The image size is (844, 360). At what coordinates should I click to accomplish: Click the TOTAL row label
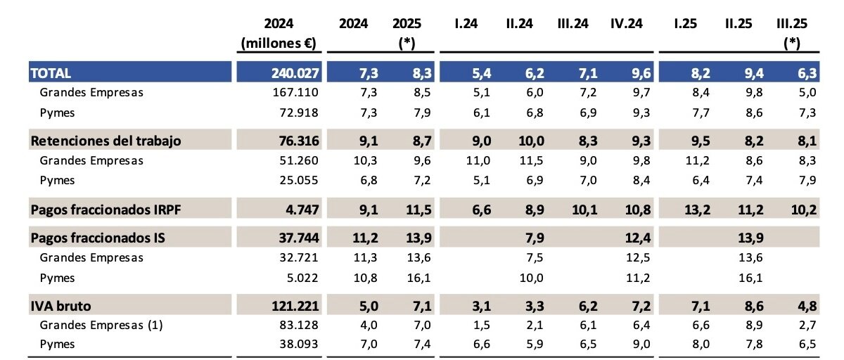click(51, 72)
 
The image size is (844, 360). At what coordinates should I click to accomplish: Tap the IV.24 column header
click(626, 23)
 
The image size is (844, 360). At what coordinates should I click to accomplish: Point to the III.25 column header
click(792, 23)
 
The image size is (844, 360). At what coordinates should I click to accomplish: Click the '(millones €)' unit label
click(279, 43)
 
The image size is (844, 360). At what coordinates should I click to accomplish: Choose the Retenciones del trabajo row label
click(106, 141)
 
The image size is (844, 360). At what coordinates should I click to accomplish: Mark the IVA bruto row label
click(61, 306)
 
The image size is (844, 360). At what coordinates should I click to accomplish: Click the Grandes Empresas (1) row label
click(98, 326)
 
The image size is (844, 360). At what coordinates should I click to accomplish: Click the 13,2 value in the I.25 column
click(686, 209)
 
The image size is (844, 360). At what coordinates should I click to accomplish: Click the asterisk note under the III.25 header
click(792, 43)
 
